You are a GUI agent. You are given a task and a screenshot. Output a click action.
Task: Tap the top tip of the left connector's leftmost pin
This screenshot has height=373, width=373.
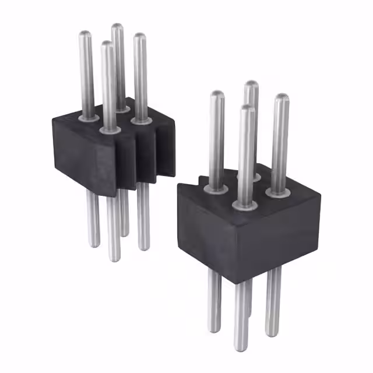[85, 34]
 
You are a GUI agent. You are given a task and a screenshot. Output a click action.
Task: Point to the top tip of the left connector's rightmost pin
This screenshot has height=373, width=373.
[139, 36]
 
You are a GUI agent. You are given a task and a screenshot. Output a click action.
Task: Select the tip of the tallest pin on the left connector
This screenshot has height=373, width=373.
[117, 27]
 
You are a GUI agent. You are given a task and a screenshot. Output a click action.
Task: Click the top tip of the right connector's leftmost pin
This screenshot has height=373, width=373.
[217, 94]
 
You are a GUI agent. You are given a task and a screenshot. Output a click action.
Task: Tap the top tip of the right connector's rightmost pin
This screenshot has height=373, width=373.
[281, 97]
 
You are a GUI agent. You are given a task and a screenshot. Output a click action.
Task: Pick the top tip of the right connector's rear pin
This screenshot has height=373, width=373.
[251, 84]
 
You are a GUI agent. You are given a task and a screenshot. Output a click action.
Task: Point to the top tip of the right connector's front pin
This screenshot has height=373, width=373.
[246, 109]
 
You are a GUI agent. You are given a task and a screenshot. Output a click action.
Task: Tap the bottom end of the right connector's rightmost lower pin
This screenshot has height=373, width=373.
[272, 334]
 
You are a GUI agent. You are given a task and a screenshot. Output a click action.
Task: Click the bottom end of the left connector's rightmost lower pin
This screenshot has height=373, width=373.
[143, 248]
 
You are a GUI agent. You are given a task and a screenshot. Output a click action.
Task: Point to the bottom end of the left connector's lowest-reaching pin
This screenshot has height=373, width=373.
[114, 258]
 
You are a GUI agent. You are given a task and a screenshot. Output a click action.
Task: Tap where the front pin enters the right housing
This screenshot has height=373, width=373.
[245, 205]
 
